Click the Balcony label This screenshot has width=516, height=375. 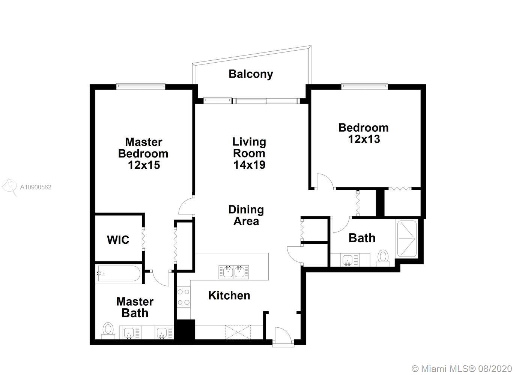pyautogui.click(x=251, y=74)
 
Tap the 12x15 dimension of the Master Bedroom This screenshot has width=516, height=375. pyautogui.click(x=144, y=165)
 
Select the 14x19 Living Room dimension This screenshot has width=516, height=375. pyautogui.click(x=249, y=165)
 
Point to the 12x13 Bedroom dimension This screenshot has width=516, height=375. pyautogui.click(x=364, y=139)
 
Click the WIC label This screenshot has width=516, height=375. pyautogui.click(x=118, y=240)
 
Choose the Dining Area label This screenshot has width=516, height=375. pyautogui.click(x=246, y=215)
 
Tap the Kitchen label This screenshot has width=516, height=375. pyautogui.click(x=229, y=295)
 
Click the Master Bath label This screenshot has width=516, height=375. pyautogui.click(x=135, y=307)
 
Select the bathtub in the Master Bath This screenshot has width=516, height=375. pyautogui.click(x=119, y=273)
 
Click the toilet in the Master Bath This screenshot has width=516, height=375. pyautogui.click(x=108, y=331)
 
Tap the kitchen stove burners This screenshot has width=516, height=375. pyautogui.click(x=184, y=297)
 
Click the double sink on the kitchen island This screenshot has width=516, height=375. pyautogui.click(x=233, y=272)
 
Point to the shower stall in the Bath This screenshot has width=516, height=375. pyautogui.click(x=407, y=239)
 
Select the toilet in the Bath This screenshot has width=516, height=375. pyautogui.click(x=383, y=258)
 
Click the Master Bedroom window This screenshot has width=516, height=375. pyautogui.click(x=141, y=86)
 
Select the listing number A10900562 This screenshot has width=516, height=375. pyautogui.click(x=36, y=187)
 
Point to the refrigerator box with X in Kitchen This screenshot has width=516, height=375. pyautogui.click(x=238, y=332)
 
